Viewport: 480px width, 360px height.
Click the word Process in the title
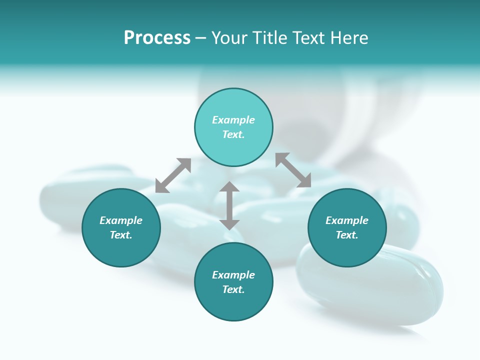[157, 38]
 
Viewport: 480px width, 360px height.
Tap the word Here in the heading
[349, 38]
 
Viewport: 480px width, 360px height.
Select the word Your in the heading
[230, 38]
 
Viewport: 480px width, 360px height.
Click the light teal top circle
[233, 105]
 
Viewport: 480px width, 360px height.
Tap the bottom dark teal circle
[233, 305]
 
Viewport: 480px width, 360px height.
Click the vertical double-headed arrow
[229, 205]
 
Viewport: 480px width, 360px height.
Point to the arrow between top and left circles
[173, 175]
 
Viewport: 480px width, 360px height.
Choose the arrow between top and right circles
[293, 170]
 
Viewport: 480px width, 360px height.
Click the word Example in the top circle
[233, 120]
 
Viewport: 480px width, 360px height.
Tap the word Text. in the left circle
[121, 235]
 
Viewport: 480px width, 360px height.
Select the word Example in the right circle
[347, 220]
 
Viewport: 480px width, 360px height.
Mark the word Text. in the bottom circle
[233, 289]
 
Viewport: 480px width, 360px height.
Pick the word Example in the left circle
[121, 220]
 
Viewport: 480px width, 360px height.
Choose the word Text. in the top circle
[233, 134]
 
